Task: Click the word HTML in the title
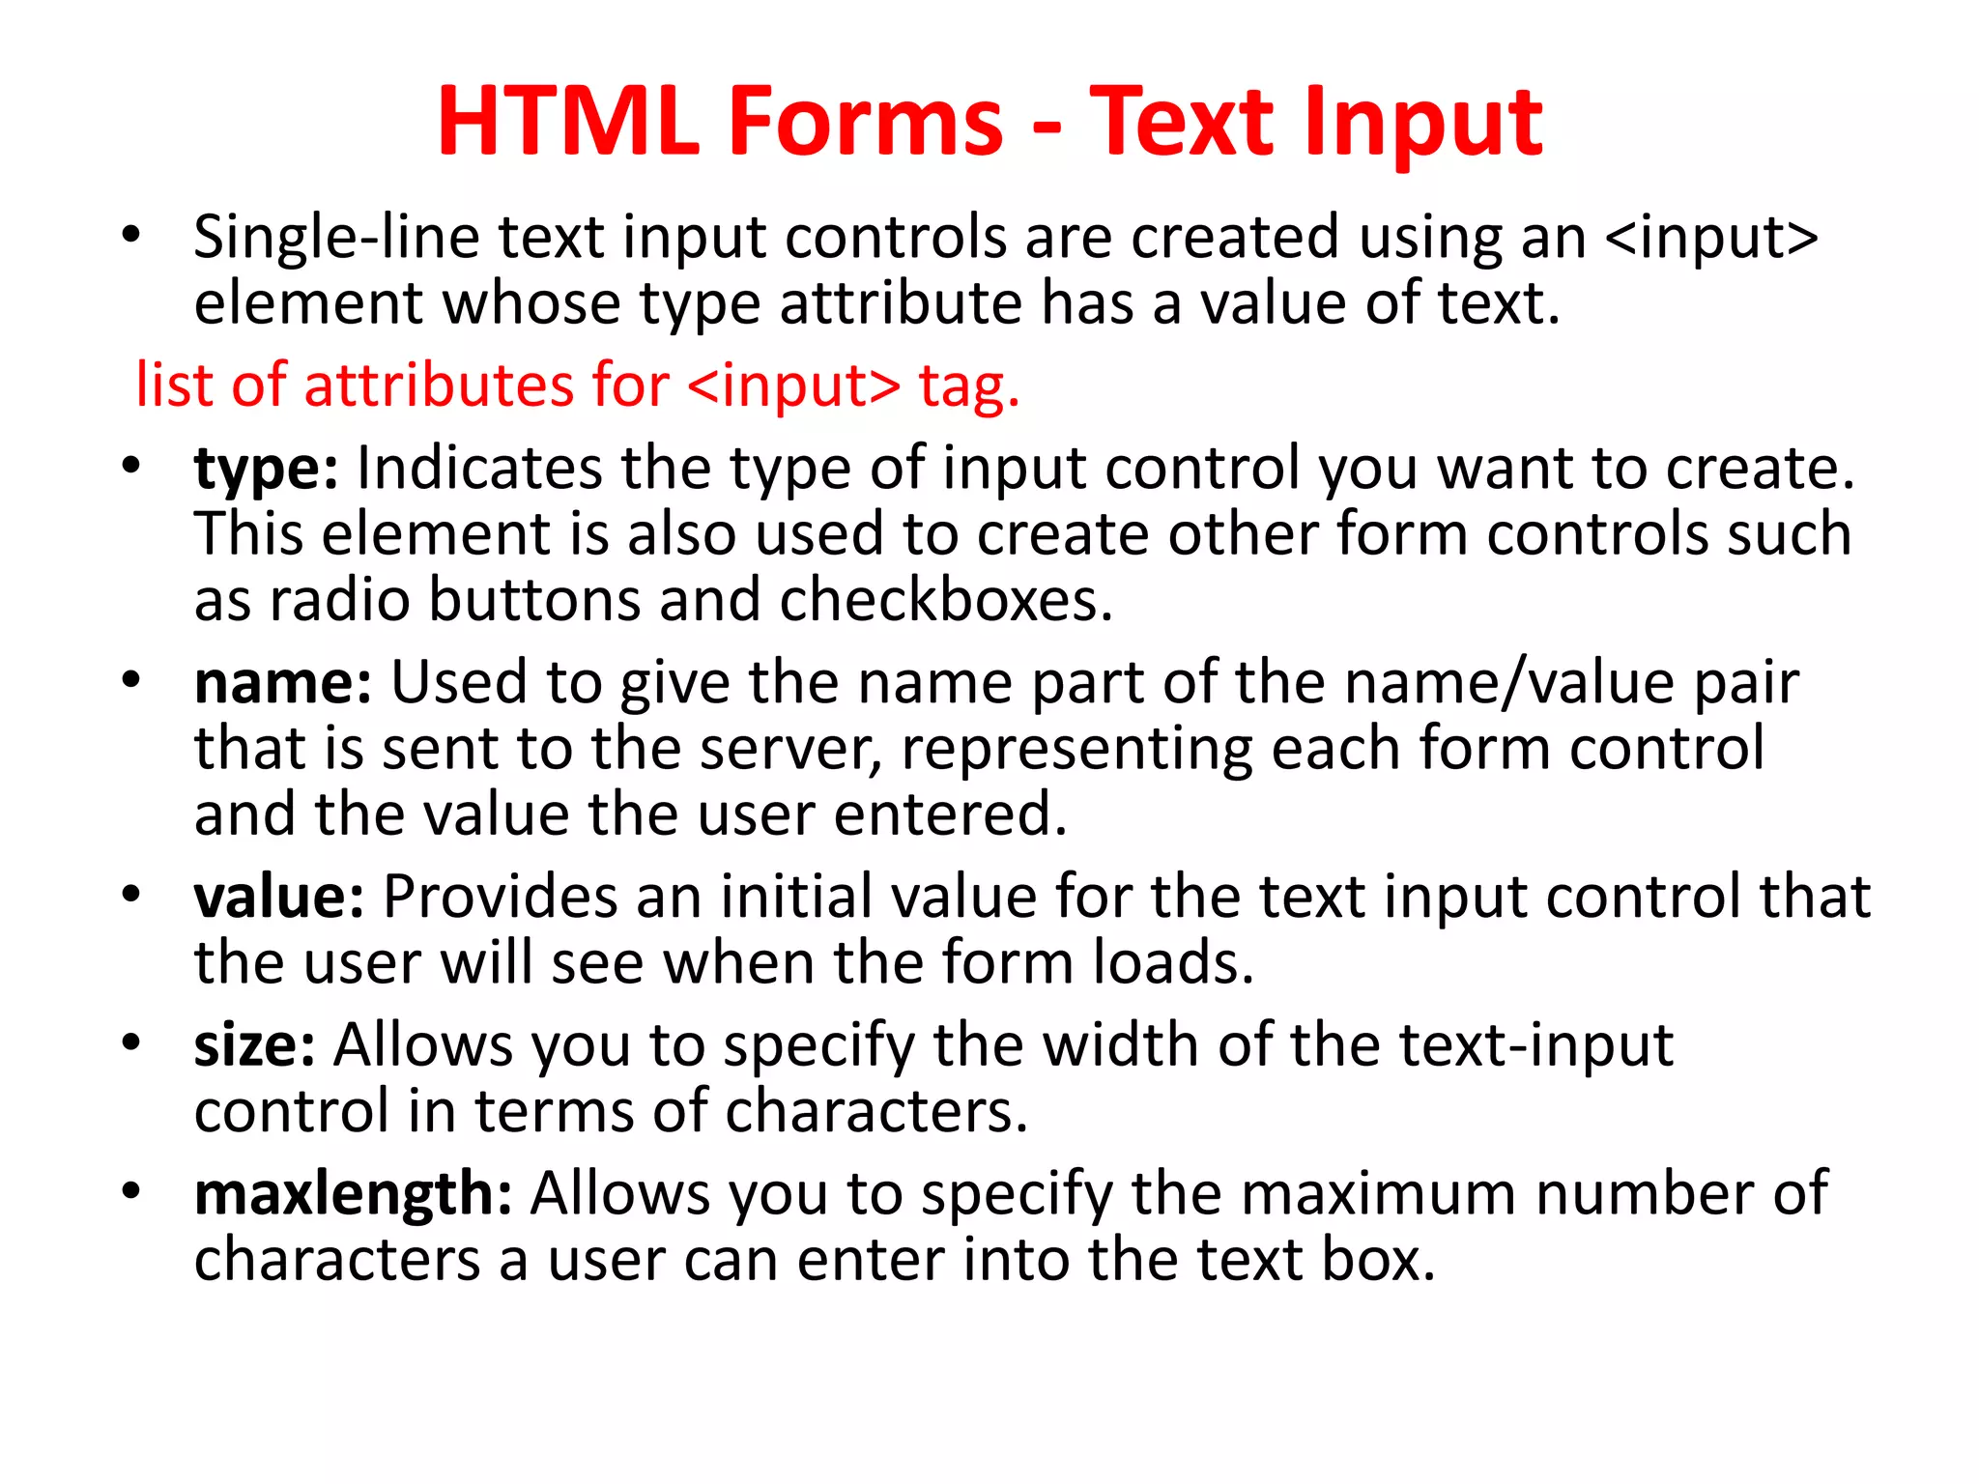point(568,122)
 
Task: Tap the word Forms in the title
point(866,122)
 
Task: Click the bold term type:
point(266,470)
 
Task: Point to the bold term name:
point(282,683)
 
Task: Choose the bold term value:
point(278,897)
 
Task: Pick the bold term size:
point(254,1045)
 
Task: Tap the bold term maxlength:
point(353,1194)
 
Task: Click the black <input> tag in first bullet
point(1711,238)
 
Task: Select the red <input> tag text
point(793,385)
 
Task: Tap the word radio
point(340,600)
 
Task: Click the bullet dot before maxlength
point(131,1190)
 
